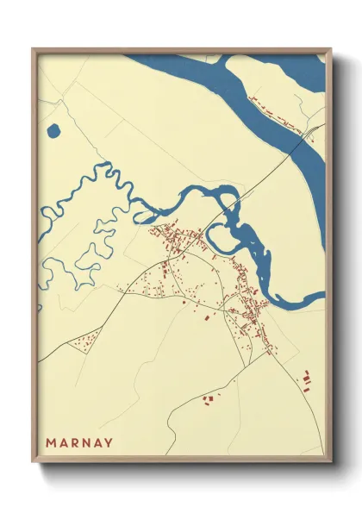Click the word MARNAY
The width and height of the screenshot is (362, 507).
coord(79,443)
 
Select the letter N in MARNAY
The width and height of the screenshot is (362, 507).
coord(85,443)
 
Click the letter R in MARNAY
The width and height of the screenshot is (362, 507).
coord(74,443)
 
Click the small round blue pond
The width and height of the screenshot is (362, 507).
coord(53,132)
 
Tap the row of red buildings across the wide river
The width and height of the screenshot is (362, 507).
coord(275,116)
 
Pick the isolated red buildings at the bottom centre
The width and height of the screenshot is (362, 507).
coord(209,398)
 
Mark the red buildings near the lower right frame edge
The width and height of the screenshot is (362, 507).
coord(306,378)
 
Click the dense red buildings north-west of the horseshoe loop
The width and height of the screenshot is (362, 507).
coord(177,237)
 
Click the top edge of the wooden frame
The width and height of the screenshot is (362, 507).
coord(181,50)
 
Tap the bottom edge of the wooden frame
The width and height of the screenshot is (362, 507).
coord(181,460)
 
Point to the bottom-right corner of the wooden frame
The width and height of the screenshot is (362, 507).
coord(330,460)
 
